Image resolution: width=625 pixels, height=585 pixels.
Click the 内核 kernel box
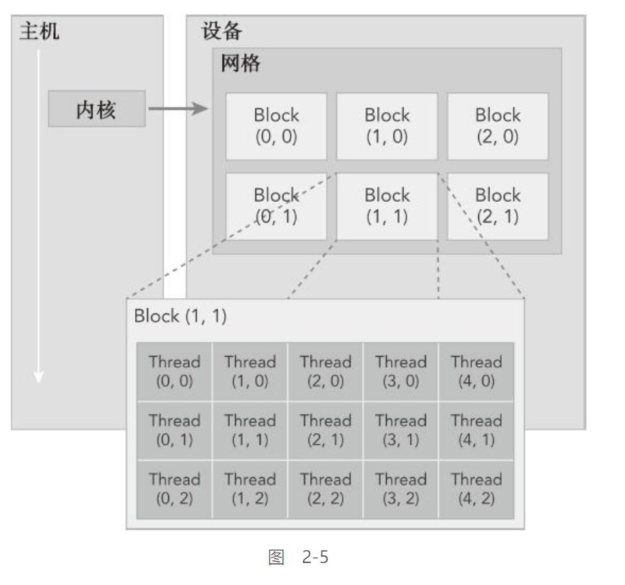pos(96,109)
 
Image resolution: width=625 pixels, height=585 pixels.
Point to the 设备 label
pos(222,31)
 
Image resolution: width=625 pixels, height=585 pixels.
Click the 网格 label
pos(241,64)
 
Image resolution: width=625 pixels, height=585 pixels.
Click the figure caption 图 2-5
pos(298,557)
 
